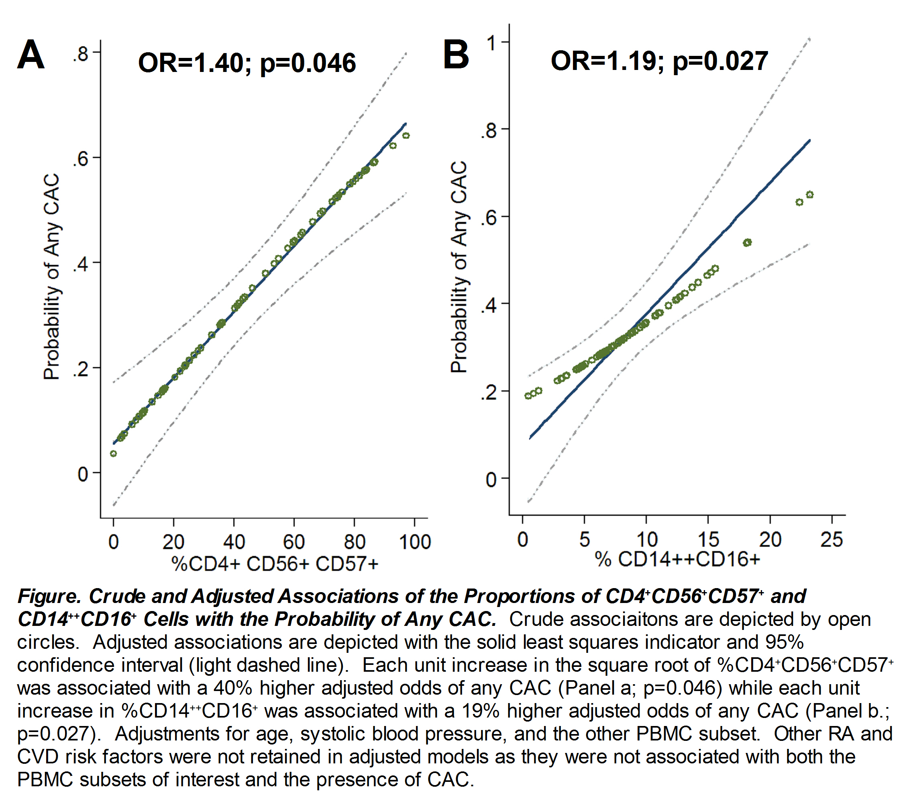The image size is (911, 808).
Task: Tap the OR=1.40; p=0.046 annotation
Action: coord(247,62)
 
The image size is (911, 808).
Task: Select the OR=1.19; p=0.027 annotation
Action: coord(659,61)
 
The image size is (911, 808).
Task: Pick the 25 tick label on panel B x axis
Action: coord(832,540)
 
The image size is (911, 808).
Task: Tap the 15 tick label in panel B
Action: coord(708,540)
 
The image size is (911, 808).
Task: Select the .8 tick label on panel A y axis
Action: coord(81,54)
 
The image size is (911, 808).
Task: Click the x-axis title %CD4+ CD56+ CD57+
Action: coord(275,564)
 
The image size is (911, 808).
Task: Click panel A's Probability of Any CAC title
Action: coord(52,277)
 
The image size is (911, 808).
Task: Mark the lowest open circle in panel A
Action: coord(113,454)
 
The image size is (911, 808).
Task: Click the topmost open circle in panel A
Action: coord(406,135)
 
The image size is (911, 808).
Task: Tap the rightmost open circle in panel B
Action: coord(810,195)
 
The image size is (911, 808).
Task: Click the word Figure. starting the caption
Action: coord(50,597)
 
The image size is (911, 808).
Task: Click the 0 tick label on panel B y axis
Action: coord(491,480)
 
